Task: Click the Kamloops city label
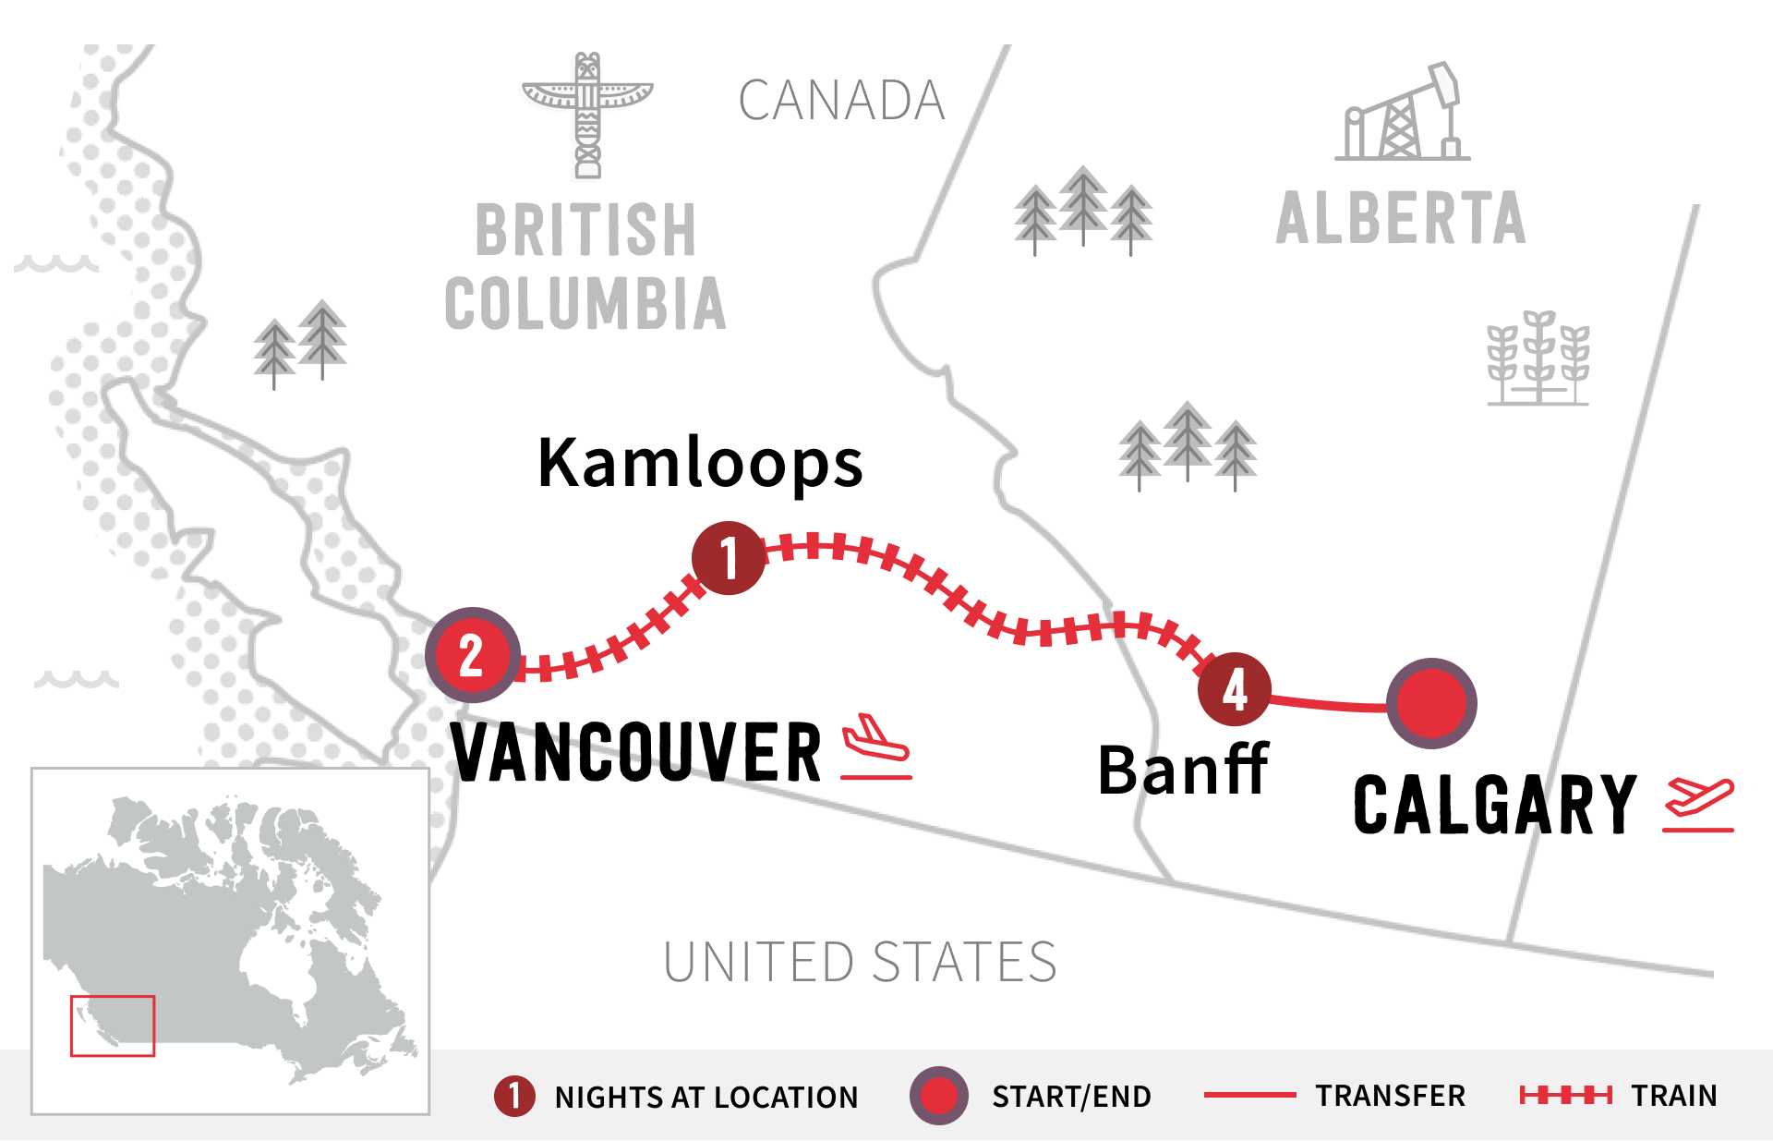tap(700, 463)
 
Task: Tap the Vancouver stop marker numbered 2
tap(472, 655)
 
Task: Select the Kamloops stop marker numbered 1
tap(729, 557)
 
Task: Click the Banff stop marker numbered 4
tap(1234, 689)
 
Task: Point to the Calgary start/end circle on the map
tap(1431, 703)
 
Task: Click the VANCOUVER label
tap(636, 753)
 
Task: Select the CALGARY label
tap(1494, 806)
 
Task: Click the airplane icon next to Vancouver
tap(875, 747)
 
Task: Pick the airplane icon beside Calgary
tap(1698, 805)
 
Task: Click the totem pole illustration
tap(587, 115)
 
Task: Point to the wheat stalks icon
tap(1538, 358)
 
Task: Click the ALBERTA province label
tap(1400, 219)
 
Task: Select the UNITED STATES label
tap(860, 962)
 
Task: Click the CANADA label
tap(841, 101)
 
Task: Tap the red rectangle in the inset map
tap(113, 1026)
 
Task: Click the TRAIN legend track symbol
tap(1565, 1096)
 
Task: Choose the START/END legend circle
tap(938, 1096)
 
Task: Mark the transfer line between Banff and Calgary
tap(1330, 706)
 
